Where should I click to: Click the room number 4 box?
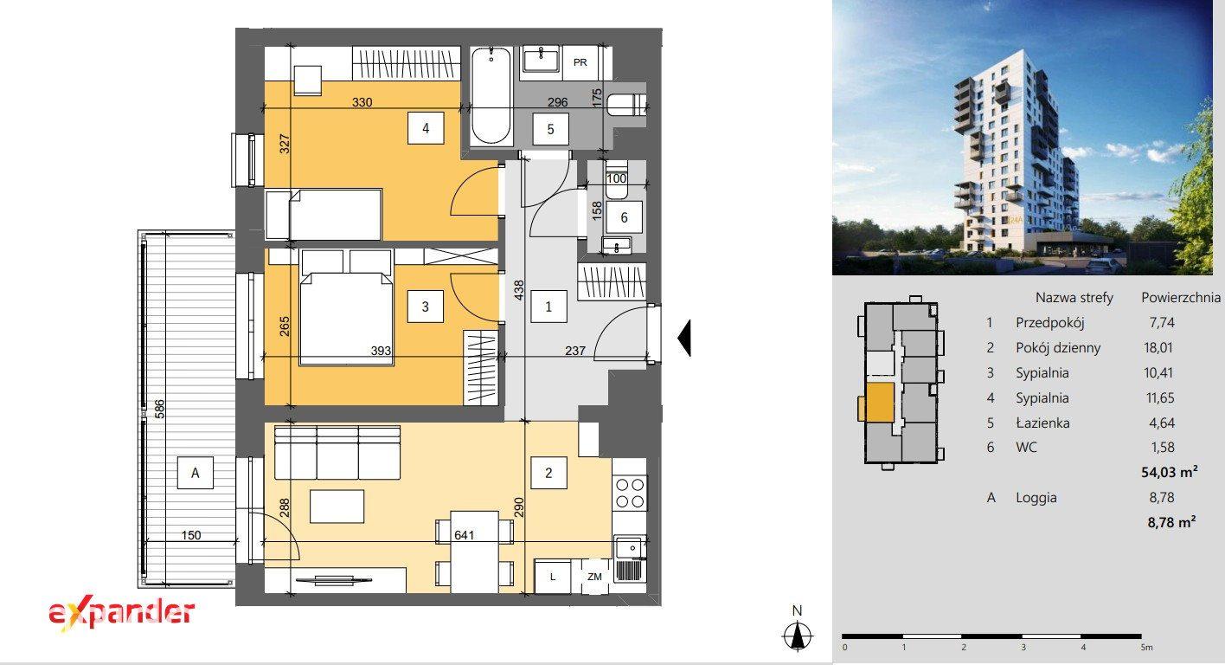click(426, 128)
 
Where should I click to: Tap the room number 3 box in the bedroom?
click(426, 307)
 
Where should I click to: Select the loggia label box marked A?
click(196, 473)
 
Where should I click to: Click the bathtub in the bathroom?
click(491, 96)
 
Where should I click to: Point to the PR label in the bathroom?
click(580, 62)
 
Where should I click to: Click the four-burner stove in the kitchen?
click(630, 494)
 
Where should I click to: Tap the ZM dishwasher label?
click(594, 577)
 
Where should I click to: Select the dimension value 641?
click(464, 535)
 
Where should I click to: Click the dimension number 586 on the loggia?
click(159, 409)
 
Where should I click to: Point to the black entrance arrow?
click(684, 339)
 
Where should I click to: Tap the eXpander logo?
click(121, 614)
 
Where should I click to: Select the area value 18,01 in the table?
click(1158, 347)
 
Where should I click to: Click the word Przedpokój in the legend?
click(1050, 323)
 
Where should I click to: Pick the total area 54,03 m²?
click(1170, 472)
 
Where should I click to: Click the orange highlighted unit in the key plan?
click(880, 403)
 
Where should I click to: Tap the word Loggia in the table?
click(1036, 498)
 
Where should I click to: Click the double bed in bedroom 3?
click(346, 307)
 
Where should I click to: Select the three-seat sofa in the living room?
click(337, 453)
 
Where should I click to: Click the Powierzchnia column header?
click(1181, 297)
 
